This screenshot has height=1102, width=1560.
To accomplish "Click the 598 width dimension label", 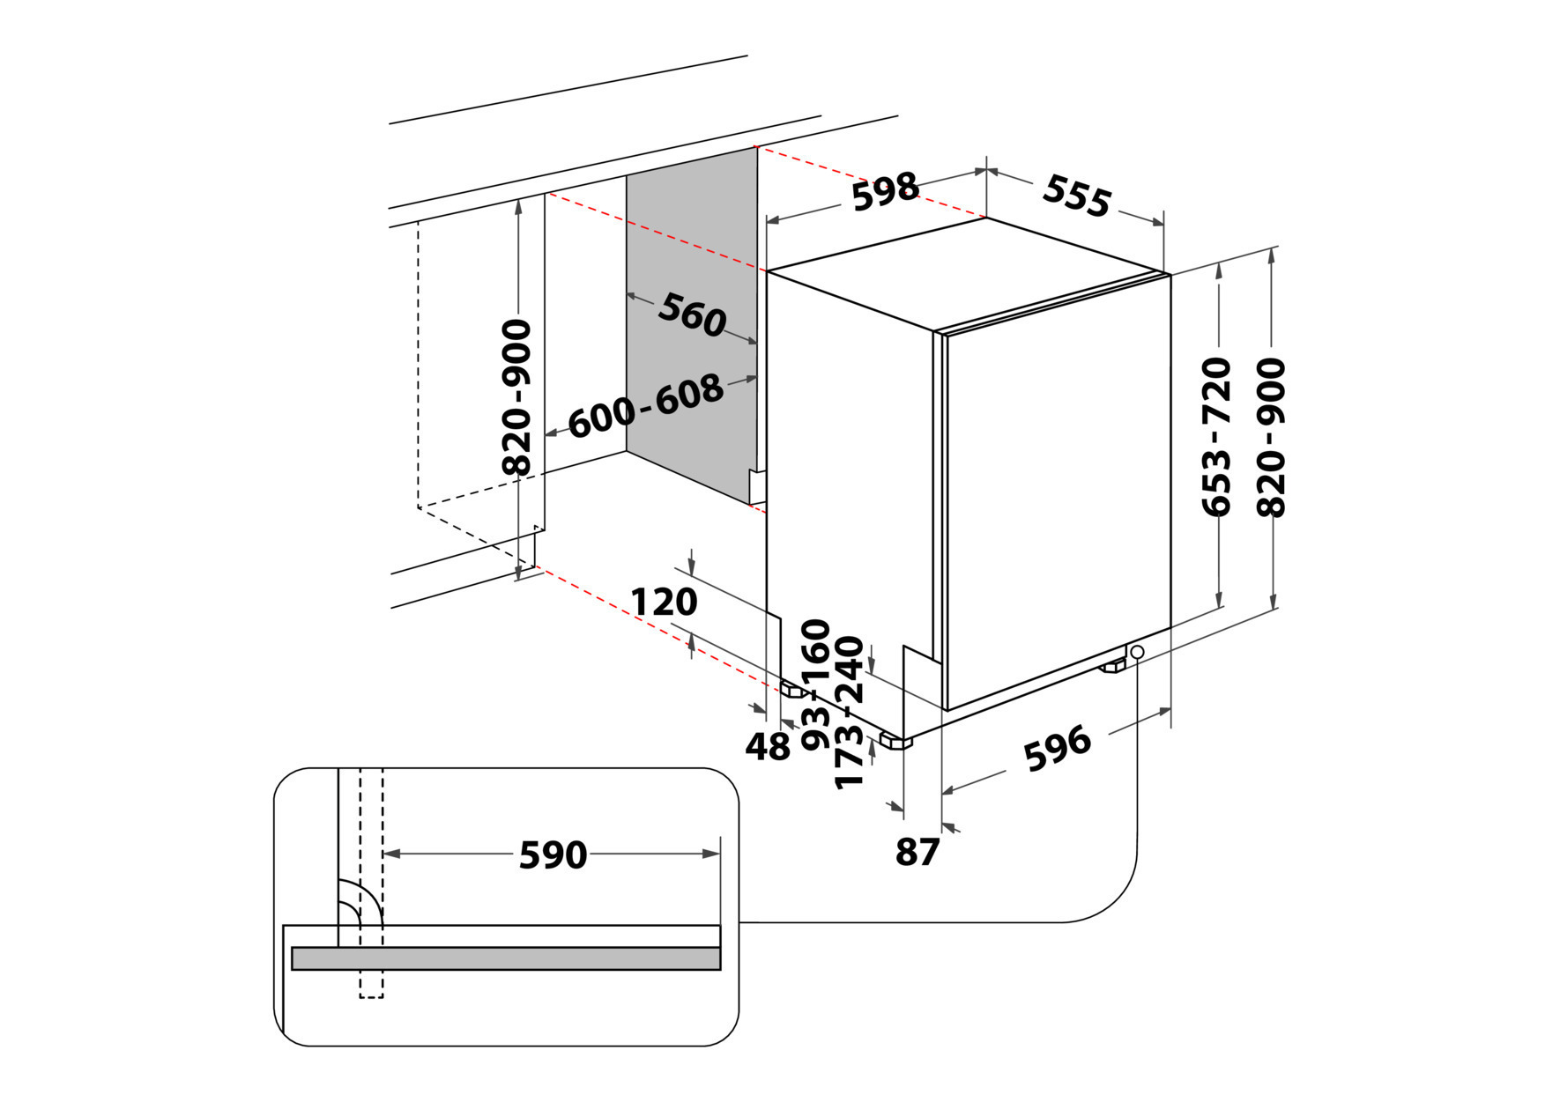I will pos(885,191).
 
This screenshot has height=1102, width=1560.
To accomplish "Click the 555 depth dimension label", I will pos(1076,196).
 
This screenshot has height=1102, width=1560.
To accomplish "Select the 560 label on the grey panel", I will pos(692,314).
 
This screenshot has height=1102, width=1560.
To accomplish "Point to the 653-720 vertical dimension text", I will pos(1216,436).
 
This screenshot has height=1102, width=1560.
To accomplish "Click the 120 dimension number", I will pos(664,603).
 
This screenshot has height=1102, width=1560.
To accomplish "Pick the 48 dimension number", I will pos(768,747).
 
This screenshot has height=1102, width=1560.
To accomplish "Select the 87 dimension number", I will pos(917,852).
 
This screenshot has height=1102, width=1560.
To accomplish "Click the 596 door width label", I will pos(1057,749).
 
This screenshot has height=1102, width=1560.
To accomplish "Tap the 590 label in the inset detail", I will pos(553,854).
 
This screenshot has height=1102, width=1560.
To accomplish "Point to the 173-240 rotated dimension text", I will pos(849,713).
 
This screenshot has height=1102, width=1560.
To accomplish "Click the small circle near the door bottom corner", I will pos(1137,652).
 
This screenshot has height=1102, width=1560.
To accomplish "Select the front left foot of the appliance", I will pos(898,741).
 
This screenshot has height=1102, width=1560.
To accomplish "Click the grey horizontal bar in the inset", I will pos(506,958).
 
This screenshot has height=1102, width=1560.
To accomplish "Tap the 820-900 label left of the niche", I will pos(516,397).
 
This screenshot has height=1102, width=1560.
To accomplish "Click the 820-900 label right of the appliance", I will pos(1271,436).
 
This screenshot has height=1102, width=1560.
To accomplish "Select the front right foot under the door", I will pos(1112,665).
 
